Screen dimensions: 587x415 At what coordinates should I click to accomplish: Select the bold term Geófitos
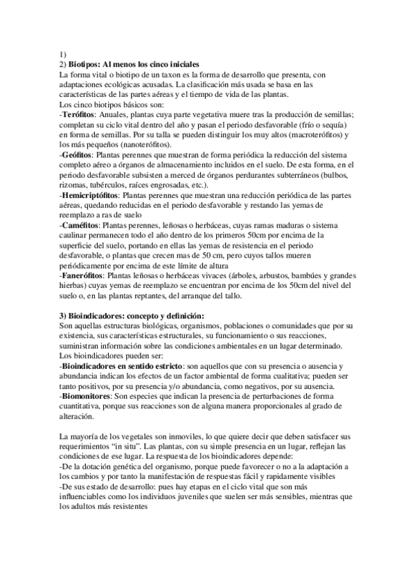[77, 156]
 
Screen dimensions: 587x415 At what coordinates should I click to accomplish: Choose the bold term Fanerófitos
[82, 276]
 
